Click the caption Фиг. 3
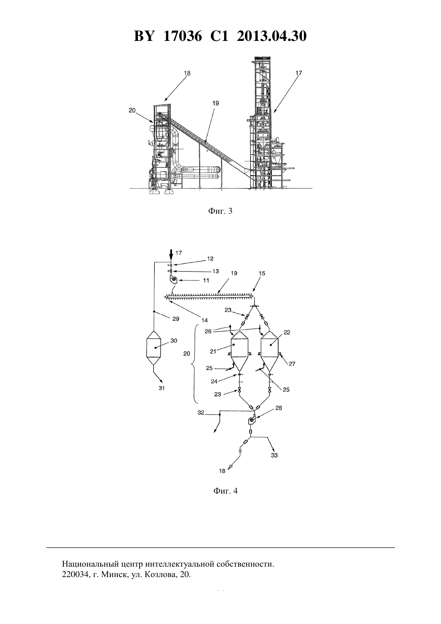(220, 211)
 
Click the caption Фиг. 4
(225, 498)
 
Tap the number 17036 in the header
(182, 36)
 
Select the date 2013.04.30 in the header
(272, 36)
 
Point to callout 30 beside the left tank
(174, 341)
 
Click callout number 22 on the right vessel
(287, 332)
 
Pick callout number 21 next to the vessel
(213, 352)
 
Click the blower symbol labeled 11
(173, 280)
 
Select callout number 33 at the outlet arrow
(274, 456)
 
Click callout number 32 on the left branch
(201, 413)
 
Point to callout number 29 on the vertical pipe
(176, 319)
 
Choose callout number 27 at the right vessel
(292, 364)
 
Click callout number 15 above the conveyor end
(262, 273)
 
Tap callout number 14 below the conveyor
(204, 320)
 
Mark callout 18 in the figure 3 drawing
(187, 73)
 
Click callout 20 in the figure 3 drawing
(132, 110)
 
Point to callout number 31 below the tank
(162, 388)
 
